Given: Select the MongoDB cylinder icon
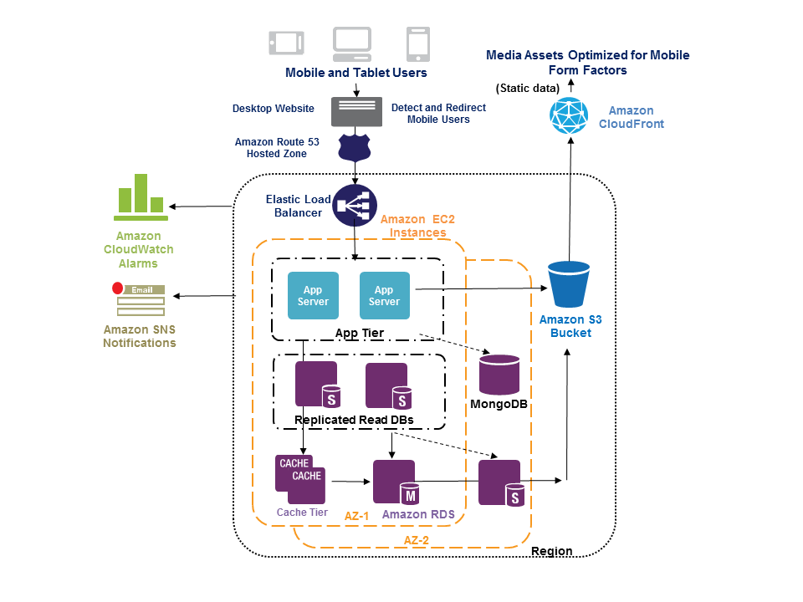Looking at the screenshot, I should (499, 375).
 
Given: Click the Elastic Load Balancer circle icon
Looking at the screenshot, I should (355, 206).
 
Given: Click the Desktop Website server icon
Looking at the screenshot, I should (356, 111).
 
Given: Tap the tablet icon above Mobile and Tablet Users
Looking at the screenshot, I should (284, 43).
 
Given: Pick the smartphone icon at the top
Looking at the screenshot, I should (417, 43).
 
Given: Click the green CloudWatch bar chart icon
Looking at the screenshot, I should (141, 196).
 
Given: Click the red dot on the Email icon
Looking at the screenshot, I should (118, 288).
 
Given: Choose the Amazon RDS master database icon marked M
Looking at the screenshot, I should (395, 482).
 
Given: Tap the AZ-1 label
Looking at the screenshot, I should (357, 516).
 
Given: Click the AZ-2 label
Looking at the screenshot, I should (416, 540).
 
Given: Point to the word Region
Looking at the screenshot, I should (552, 551).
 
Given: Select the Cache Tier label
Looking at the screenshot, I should (302, 513).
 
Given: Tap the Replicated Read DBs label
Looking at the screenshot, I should (354, 420).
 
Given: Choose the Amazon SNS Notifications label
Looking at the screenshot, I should (140, 336).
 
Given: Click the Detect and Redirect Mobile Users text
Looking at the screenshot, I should (438, 114).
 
